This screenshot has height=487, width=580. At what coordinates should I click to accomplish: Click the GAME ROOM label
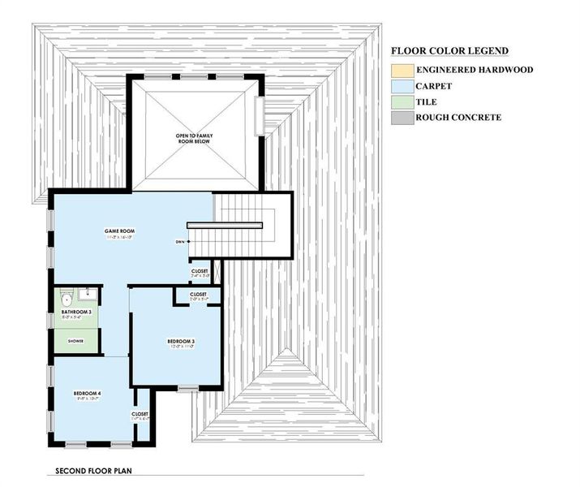118,232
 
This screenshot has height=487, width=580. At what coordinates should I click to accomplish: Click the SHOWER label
75,342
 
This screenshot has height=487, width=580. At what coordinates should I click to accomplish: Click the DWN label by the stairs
179,242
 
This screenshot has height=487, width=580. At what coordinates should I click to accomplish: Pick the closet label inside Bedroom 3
198,294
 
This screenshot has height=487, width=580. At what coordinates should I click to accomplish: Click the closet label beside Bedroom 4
140,414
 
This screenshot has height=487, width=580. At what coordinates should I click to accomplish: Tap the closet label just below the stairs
200,271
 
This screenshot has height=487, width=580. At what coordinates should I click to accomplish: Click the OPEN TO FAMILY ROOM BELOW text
195,138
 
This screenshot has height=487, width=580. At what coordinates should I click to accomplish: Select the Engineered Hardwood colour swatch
402,71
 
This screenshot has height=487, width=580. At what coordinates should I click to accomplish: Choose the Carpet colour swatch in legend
402,86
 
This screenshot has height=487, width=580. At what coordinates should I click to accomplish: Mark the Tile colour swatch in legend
402,102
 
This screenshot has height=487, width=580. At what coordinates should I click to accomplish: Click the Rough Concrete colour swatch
402,118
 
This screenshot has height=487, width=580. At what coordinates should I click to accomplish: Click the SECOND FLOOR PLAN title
94,471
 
